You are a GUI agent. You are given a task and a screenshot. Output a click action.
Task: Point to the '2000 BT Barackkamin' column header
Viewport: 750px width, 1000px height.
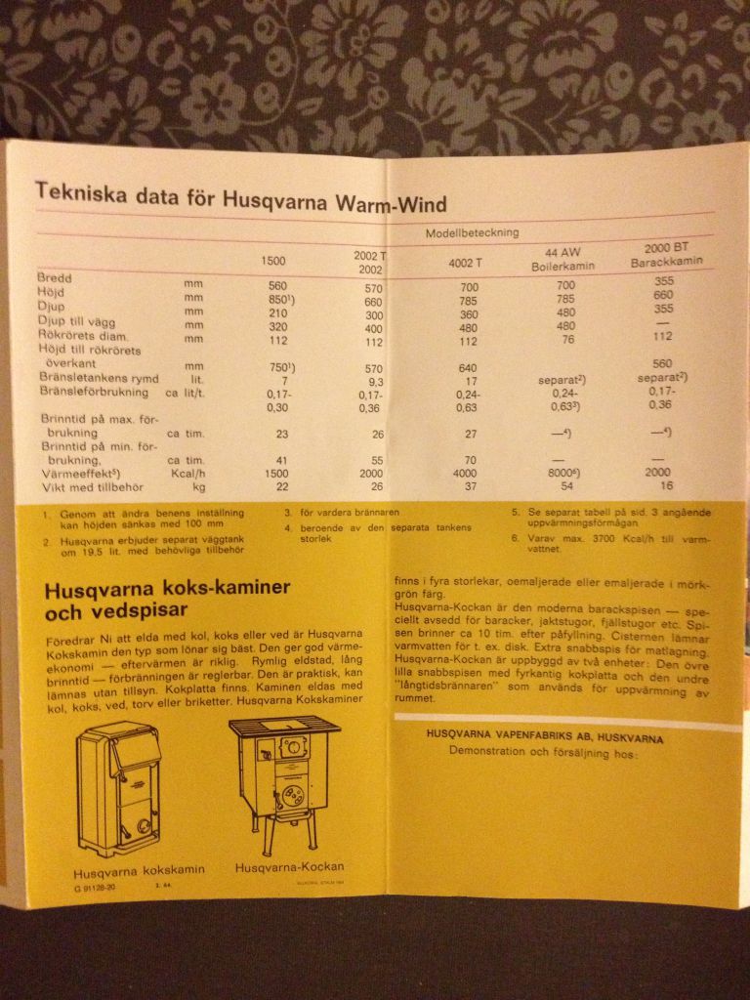pyautogui.click(x=664, y=255)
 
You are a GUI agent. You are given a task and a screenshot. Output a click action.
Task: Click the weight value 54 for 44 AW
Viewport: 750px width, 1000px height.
pyautogui.click(x=561, y=485)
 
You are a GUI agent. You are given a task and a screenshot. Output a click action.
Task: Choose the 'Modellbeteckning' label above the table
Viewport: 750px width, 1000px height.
pyautogui.click(x=472, y=233)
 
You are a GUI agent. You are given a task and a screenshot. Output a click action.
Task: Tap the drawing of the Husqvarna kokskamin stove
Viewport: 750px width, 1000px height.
pyautogui.click(x=120, y=788)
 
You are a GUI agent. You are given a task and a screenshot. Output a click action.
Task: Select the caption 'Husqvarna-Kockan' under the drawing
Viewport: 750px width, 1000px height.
pyautogui.click(x=289, y=867)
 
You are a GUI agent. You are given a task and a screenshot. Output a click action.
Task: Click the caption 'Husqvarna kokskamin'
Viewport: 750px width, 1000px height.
pyautogui.click(x=125, y=872)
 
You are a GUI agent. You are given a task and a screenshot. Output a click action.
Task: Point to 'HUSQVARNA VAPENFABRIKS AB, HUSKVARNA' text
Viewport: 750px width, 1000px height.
pyautogui.click(x=544, y=738)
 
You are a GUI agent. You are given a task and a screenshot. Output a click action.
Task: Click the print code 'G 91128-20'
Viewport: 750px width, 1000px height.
pyautogui.click(x=94, y=887)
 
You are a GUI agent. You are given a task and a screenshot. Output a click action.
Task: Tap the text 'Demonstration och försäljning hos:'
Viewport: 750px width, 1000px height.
pyautogui.click(x=543, y=753)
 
